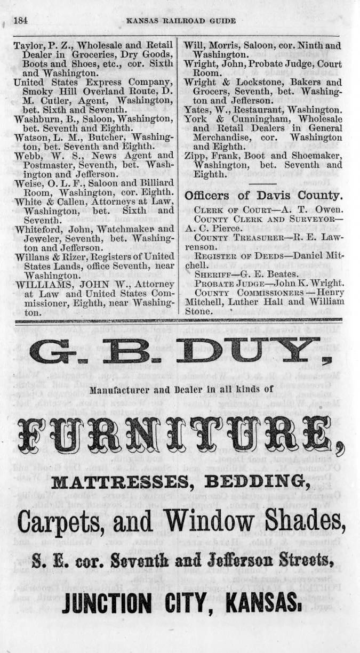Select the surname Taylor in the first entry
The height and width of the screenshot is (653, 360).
27,46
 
